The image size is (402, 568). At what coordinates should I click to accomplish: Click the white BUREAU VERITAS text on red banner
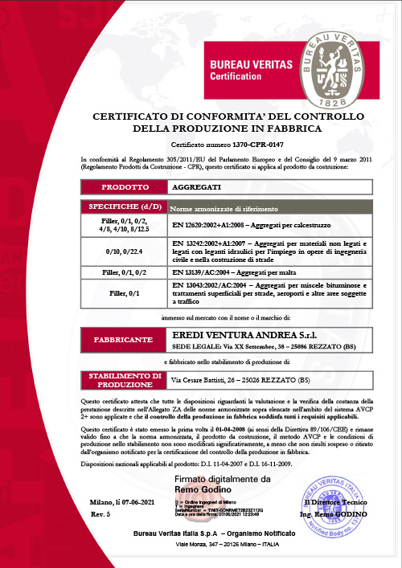[x=249, y=63]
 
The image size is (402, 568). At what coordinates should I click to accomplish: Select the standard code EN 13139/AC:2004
[x=206, y=273]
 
